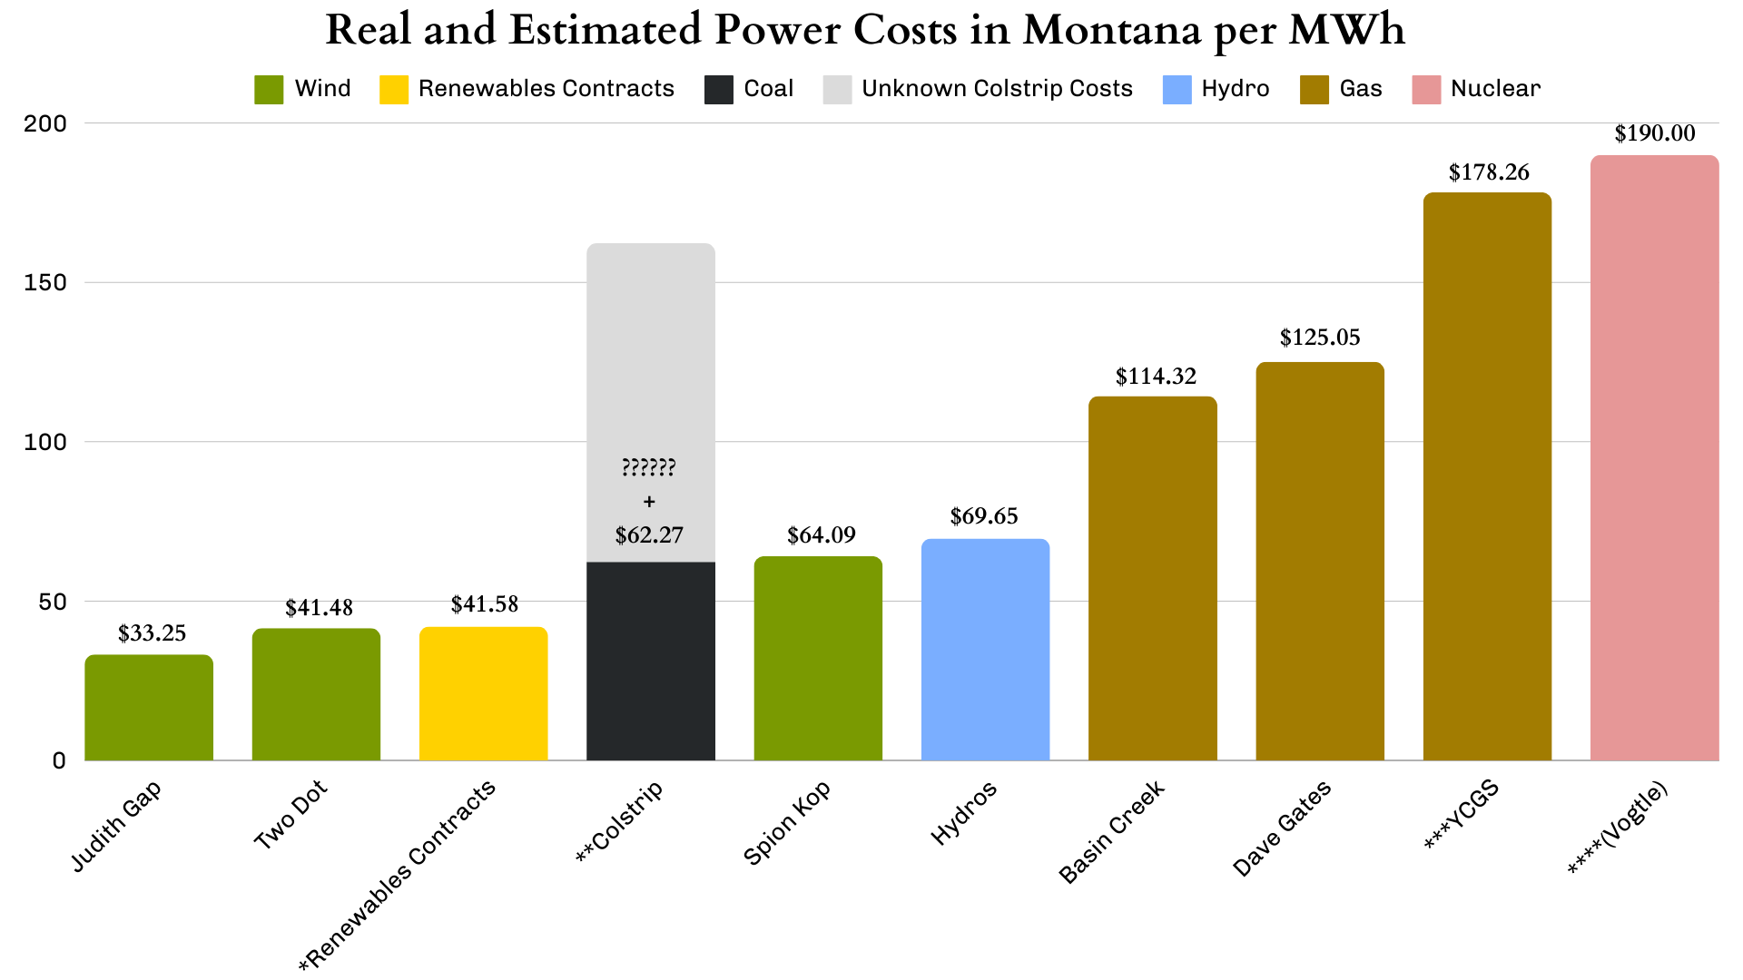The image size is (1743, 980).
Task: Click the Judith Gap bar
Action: point(149,708)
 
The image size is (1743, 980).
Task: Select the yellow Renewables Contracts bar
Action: point(483,694)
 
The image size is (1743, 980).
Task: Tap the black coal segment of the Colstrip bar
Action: point(650,661)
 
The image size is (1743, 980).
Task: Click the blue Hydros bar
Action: point(985,650)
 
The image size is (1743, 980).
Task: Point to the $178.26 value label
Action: point(1488,172)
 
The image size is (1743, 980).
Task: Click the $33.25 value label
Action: point(152,633)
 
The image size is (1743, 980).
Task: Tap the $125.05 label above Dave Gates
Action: point(1320,338)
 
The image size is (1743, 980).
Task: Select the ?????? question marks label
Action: point(648,468)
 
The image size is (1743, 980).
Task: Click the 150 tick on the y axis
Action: point(45,282)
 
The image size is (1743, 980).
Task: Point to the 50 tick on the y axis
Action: point(52,602)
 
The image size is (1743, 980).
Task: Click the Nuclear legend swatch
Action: point(1426,89)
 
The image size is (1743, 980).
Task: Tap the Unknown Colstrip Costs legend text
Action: point(997,89)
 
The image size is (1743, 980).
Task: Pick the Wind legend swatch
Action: point(269,89)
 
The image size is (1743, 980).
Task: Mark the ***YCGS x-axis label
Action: point(1462,815)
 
